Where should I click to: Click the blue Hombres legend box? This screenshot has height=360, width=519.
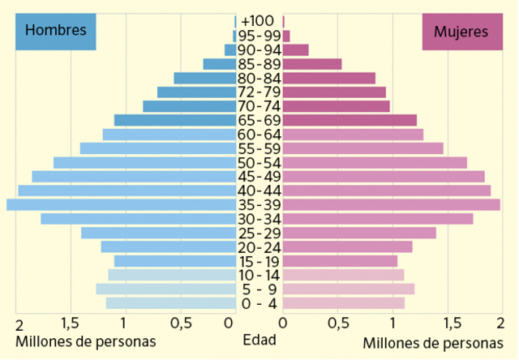(55, 32)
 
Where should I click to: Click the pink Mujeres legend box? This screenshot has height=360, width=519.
(461, 32)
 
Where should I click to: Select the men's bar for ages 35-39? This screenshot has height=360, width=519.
(121, 204)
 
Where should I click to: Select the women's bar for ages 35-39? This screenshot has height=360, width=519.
(391, 204)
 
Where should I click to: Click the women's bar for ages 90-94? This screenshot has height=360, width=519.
(295, 50)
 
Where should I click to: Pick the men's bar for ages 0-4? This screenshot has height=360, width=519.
(170, 303)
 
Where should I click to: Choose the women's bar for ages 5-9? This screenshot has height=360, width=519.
(348, 289)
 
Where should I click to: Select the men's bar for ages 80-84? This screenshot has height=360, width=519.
(204, 79)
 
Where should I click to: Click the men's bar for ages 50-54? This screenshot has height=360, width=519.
(144, 163)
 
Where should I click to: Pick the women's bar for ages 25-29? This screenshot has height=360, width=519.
(359, 233)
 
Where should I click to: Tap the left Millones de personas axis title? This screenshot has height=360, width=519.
(85, 341)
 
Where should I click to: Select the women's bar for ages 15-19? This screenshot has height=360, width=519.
(340, 261)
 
